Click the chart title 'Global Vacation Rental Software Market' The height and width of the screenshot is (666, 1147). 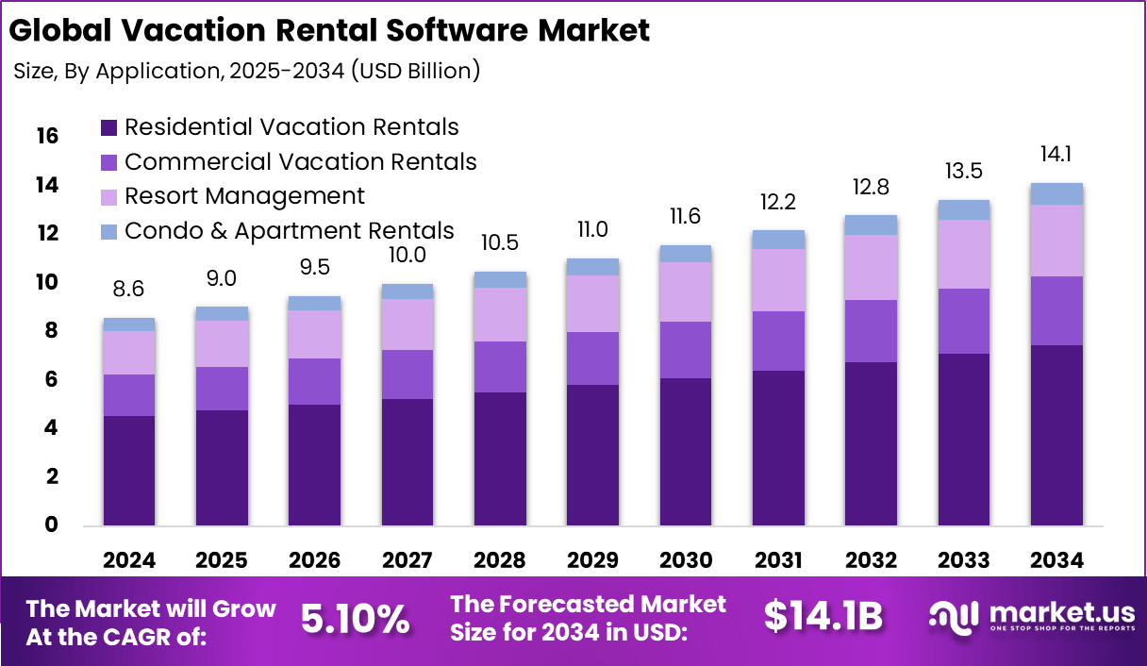(x=329, y=30)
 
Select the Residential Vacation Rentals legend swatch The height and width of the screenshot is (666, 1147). (x=108, y=127)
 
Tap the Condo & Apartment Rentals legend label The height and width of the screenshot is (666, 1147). (x=289, y=231)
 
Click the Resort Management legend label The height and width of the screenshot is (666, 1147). (x=244, y=196)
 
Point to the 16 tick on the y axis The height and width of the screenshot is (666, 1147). (x=46, y=137)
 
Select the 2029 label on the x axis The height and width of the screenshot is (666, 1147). (x=592, y=560)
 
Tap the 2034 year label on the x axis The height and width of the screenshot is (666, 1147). (x=1056, y=560)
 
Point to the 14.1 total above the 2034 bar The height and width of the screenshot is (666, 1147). (x=1056, y=155)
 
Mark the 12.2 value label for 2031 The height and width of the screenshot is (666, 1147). (x=778, y=202)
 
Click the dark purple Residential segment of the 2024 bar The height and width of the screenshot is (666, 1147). (x=129, y=470)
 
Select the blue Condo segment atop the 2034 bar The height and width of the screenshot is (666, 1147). (x=1056, y=193)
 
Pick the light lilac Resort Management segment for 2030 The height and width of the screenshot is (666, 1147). (x=685, y=291)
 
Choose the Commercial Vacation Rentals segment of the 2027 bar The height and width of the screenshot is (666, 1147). (x=407, y=375)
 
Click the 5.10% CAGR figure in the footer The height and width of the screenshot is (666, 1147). (x=356, y=618)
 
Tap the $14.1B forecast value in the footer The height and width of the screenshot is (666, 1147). (x=823, y=616)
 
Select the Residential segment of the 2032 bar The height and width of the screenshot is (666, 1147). (x=871, y=443)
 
